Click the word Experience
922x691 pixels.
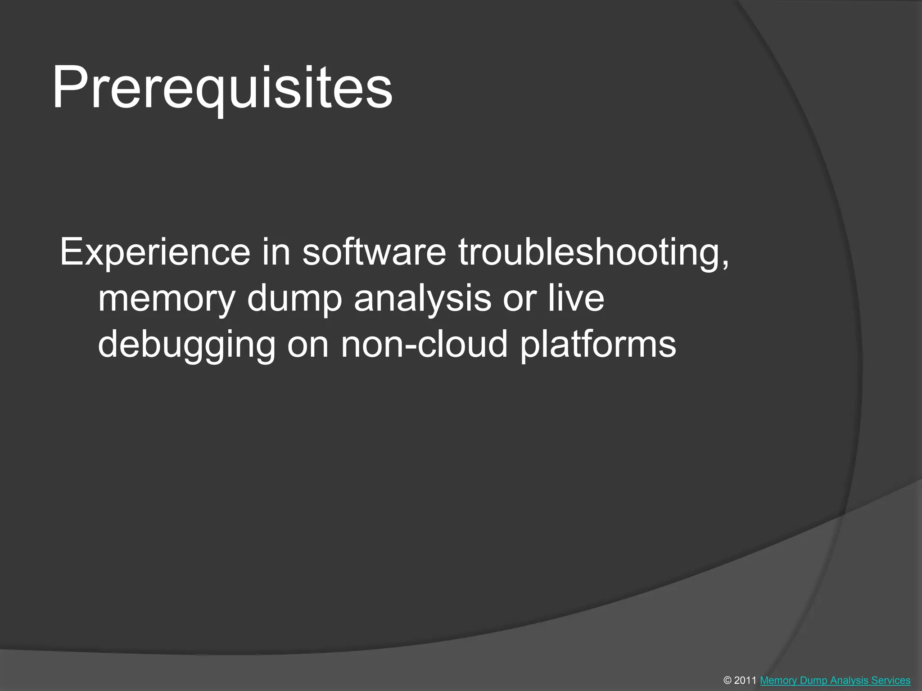(155, 252)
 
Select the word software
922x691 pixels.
(374, 252)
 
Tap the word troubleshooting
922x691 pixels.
(590, 252)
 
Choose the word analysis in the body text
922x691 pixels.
(422, 299)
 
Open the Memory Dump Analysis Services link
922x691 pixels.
(835, 681)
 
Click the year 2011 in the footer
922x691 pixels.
(746, 681)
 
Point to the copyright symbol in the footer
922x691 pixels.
(728, 681)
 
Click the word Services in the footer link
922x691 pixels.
(891, 681)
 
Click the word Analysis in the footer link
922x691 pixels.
(850, 681)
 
